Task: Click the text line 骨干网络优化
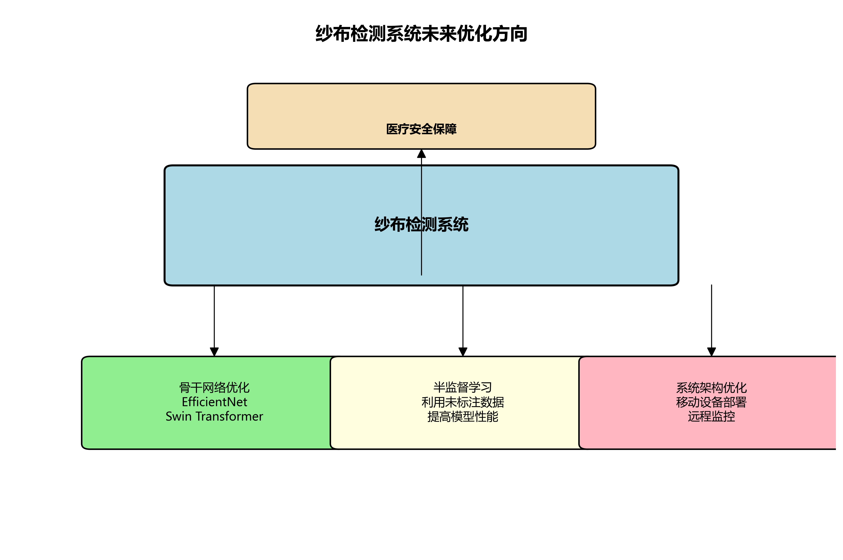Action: [x=214, y=388]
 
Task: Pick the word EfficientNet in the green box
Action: [x=214, y=402]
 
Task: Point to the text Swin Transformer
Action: [x=214, y=416]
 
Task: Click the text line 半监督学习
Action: [x=463, y=388]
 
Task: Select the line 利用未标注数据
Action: [x=463, y=402]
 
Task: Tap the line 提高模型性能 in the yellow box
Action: [x=463, y=416]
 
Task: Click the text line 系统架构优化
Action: [x=711, y=388]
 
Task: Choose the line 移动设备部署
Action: [x=711, y=402]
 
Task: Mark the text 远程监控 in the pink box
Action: [x=711, y=416]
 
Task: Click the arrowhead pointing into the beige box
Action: [x=421, y=154]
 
